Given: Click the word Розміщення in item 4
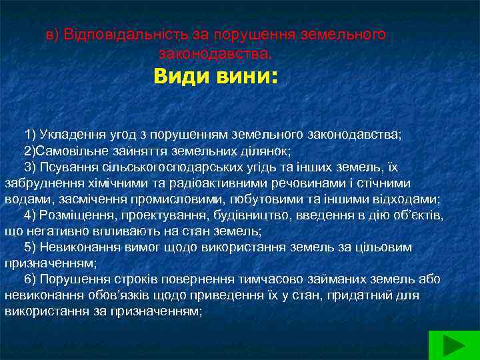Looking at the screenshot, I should click(73, 215).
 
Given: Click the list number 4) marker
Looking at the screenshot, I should click(30, 215).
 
